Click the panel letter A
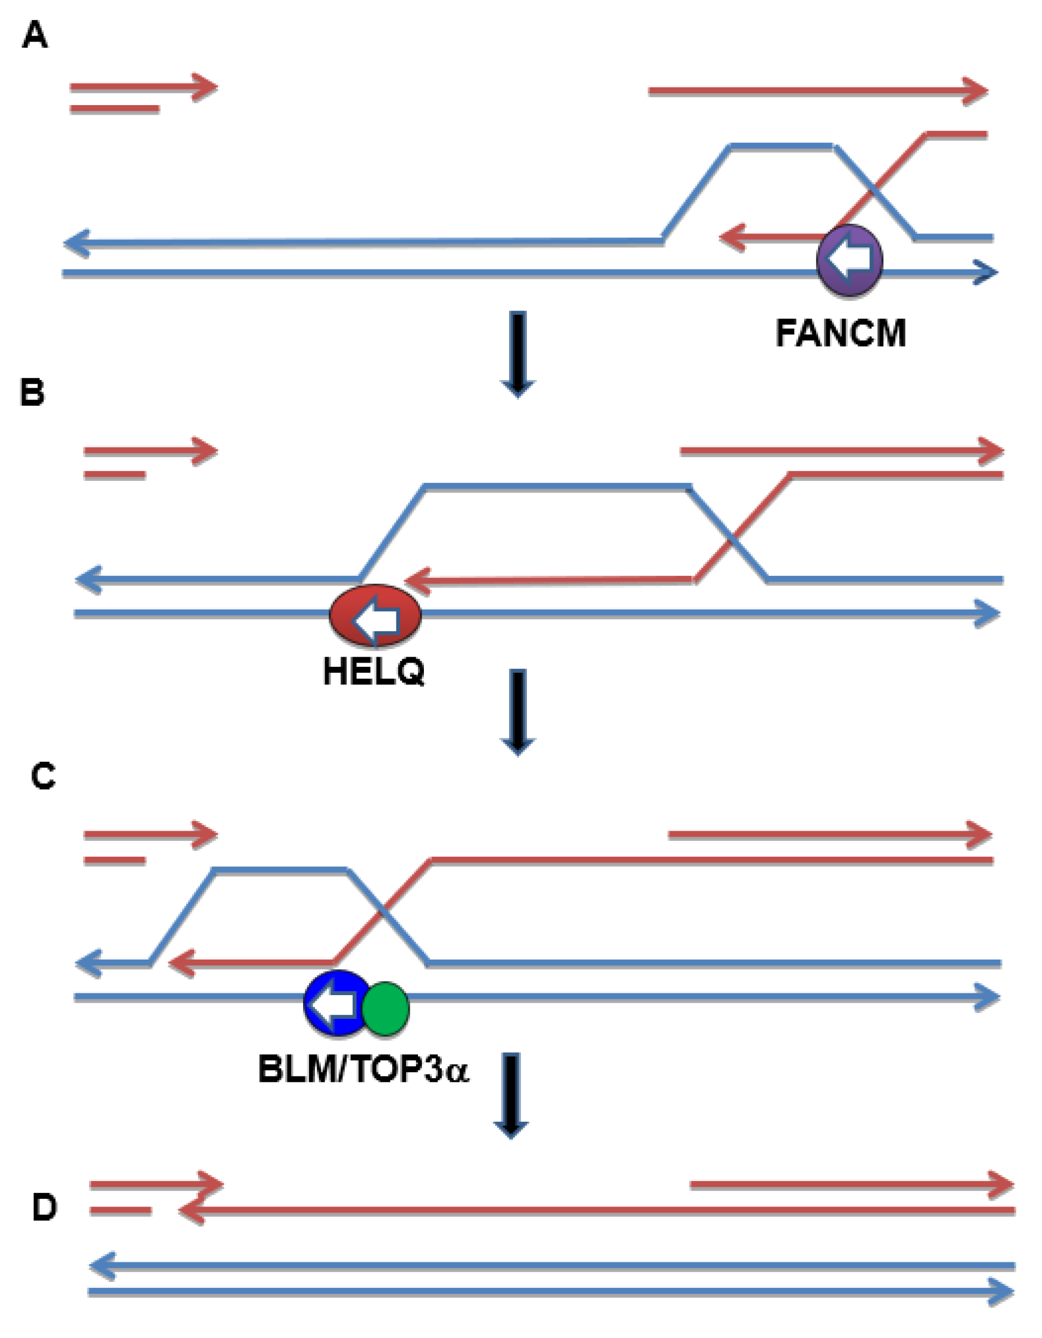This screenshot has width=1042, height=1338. (x=35, y=35)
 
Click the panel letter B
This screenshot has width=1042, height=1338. (x=32, y=392)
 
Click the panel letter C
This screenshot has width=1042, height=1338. (x=43, y=776)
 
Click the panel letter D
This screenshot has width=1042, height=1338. (x=44, y=1208)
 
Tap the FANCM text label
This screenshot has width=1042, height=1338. (x=840, y=334)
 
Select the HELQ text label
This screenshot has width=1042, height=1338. (x=373, y=672)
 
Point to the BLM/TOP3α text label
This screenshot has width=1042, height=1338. (x=364, y=1070)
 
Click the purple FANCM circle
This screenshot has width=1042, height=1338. (x=849, y=260)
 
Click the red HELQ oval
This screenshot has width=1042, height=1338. (x=375, y=616)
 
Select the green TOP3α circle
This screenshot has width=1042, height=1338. (x=386, y=1009)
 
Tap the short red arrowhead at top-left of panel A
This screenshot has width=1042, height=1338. (x=205, y=87)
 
